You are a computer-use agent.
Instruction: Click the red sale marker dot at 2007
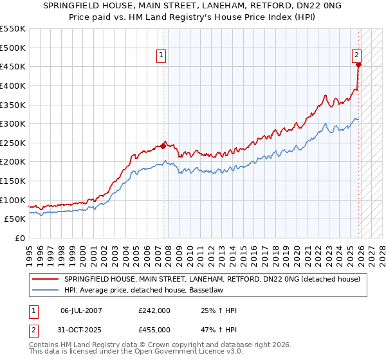coord(163,146)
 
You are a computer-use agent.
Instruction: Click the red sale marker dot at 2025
coord(358,64)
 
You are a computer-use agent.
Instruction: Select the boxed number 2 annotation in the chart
coord(356,56)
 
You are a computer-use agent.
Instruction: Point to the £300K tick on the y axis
coord(13,123)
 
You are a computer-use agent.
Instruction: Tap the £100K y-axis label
coord(13,200)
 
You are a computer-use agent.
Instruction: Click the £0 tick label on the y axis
coord(19,238)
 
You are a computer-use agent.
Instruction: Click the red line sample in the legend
coord(45,279)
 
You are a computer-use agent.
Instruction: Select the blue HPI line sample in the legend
coord(45,289)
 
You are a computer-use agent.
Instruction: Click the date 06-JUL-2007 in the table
coord(81,310)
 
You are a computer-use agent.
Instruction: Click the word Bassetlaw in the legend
coord(187,289)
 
